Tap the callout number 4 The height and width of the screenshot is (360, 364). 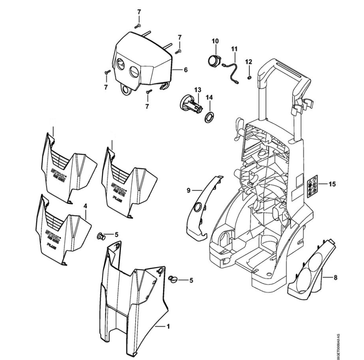click(x=85, y=206)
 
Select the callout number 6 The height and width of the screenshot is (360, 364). click(x=185, y=70)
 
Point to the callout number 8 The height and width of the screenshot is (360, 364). click(x=336, y=278)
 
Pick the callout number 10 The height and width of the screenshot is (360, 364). click(x=215, y=41)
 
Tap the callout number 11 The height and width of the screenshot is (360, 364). click(x=234, y=49)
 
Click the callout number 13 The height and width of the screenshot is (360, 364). click(x=197, y=90)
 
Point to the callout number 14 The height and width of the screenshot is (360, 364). click(x=209, y=97)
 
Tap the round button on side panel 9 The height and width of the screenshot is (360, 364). click(x=198, y=207)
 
